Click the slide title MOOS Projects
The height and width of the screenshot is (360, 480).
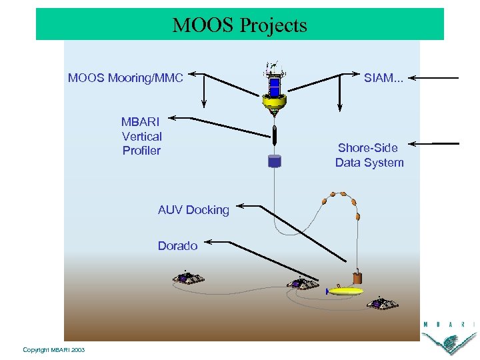click(x=240, y=25)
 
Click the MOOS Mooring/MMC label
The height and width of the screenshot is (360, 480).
click(x=125, y=79)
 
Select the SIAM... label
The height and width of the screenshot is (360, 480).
click(x=383, y=79)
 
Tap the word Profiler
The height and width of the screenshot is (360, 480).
click(x=141, y=151)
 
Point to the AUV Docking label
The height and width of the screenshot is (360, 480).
click(x=193, y=210)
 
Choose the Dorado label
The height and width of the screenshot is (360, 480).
click(x=177, y=246)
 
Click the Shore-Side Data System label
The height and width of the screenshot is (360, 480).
click(x=369, y=155)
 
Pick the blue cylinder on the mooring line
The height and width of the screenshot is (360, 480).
click(x=273, y=161)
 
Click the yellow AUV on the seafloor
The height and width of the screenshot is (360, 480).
click(x=347, y=291)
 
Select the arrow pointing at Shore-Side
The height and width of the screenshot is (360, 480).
click(x=433, y=143)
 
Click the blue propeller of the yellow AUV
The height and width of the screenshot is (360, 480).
click(x=327, y=291)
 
